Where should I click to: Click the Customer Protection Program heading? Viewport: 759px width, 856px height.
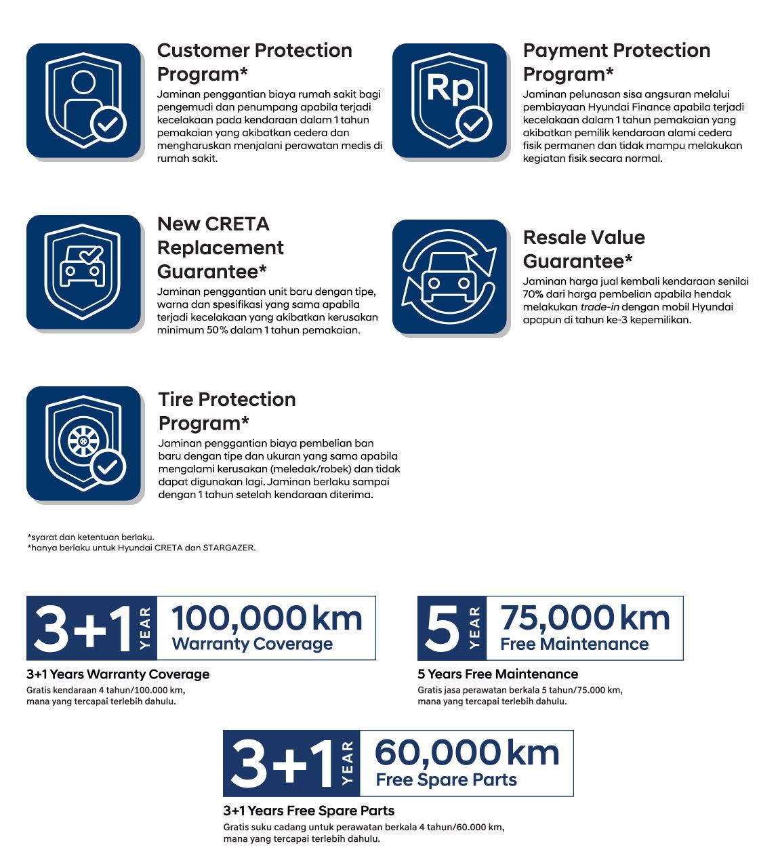(254, 62)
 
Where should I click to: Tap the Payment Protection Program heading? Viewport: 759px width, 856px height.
(616, 62)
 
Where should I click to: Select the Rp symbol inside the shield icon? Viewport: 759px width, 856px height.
(449, 89)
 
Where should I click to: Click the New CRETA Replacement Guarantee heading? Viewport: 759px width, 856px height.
(220, 247)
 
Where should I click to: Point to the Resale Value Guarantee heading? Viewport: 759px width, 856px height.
(583, 249)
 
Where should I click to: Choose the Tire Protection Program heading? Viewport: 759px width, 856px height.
(227, 411)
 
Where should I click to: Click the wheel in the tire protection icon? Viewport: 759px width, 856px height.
(79, 441)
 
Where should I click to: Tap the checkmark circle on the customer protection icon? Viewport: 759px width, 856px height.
(108, 124)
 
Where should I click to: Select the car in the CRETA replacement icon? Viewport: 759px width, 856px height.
(82, 268)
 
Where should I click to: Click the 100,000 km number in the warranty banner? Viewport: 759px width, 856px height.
(266, 618)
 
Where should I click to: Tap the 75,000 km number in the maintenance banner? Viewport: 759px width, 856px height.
(585, 618)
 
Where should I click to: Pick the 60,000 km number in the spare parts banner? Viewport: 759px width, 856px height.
(467, 753)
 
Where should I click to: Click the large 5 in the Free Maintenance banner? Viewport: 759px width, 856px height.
(441, 628)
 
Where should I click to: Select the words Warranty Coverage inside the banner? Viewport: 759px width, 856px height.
(252, 644)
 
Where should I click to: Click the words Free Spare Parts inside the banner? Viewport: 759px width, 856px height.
(446, 779)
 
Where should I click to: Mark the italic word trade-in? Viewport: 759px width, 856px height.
(600, 307)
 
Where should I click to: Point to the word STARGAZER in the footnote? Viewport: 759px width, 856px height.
(229, 548)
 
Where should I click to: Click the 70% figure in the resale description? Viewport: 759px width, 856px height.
(533, 294)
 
